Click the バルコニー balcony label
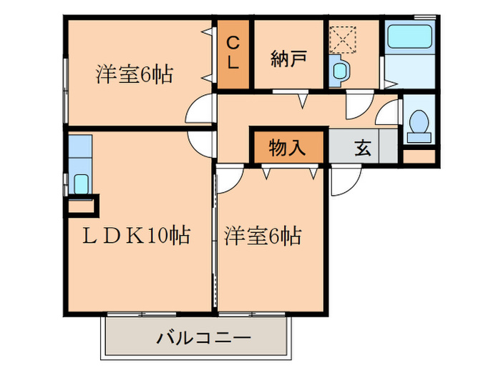point(203,336)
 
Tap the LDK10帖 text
point(137,235)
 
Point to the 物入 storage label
point(288,148)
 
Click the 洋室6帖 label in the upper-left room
point(135,74)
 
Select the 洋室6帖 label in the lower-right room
point(263,235)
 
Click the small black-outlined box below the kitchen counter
point(81,208)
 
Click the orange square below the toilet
point(419,155)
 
